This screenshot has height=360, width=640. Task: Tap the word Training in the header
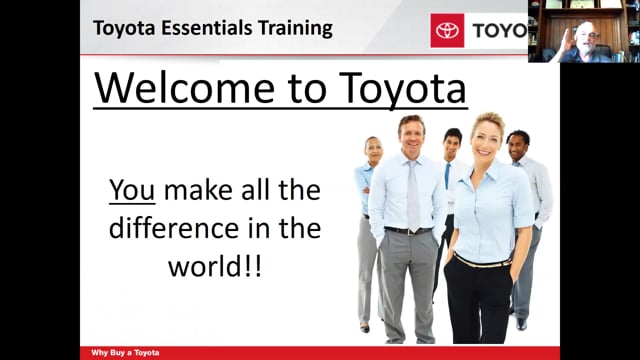click(295, 29)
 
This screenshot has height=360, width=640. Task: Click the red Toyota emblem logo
click(447, 30)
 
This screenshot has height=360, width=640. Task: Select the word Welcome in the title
click(184, 88)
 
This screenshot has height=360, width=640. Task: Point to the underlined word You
click(132, 190)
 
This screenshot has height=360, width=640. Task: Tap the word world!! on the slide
click(215, 266)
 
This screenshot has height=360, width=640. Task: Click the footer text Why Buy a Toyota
click(125, 353)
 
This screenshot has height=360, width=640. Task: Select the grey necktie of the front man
click(413, 195)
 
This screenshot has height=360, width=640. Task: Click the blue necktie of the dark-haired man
click(448, 176)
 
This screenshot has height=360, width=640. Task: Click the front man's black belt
click(408, 231)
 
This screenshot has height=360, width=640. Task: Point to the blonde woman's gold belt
click(482, 261)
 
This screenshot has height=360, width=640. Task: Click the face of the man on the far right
click(519, 147)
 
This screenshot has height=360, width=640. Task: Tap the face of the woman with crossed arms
click(373, 151)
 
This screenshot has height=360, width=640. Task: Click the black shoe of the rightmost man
click(520, 324)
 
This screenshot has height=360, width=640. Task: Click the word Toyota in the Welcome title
click(402, 89)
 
